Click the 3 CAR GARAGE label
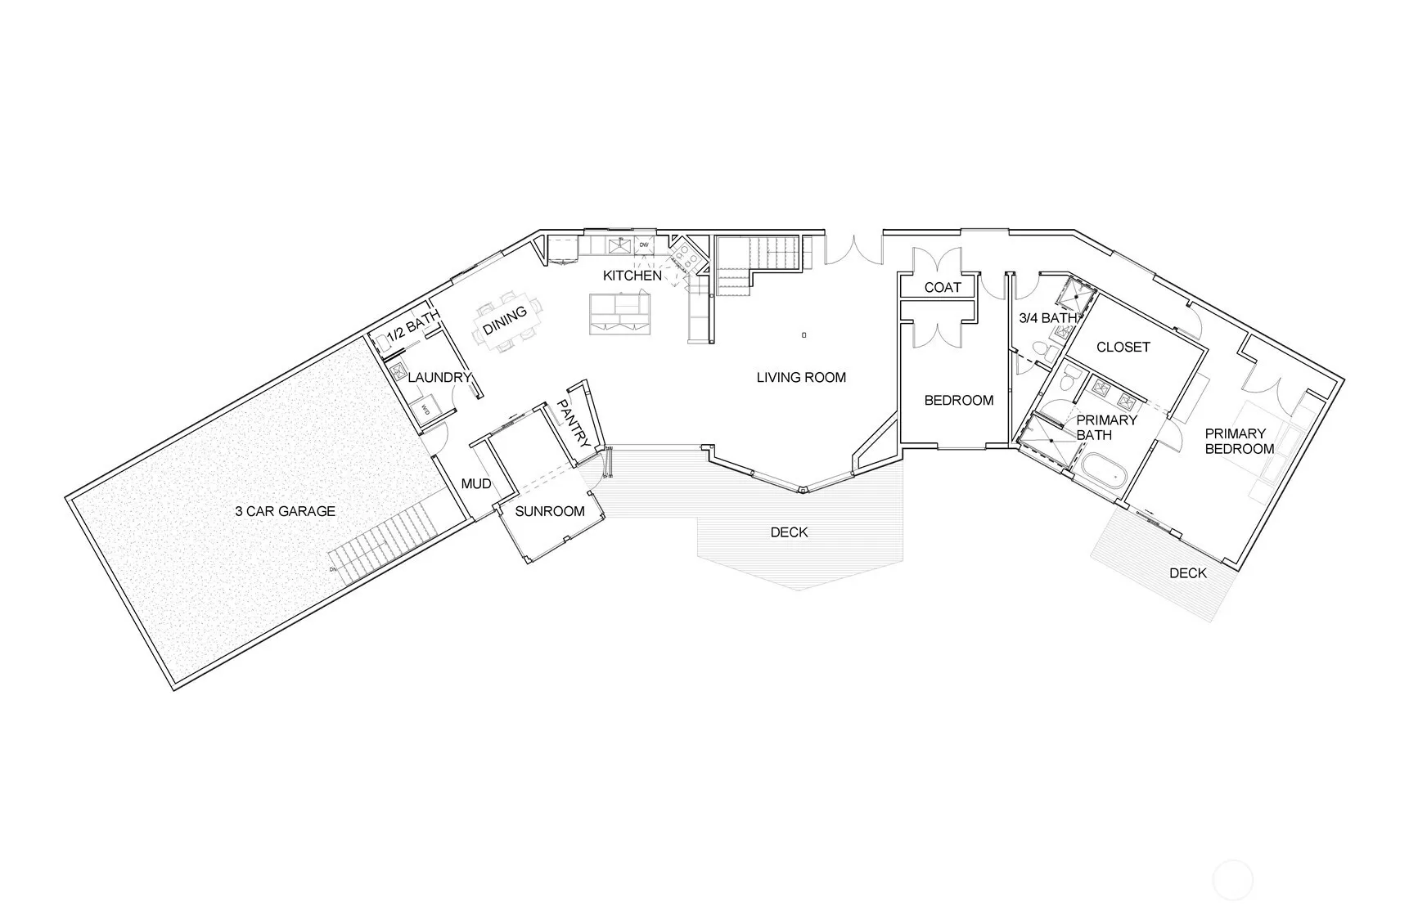285,512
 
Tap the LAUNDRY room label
439,378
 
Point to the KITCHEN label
632,276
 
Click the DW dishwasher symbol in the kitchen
644,245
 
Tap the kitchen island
619,314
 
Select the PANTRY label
573,423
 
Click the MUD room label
476,484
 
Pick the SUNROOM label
550,512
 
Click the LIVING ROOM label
801,378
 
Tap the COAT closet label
943,288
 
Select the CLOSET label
1123,348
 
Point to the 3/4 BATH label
1048,318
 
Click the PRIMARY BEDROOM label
1240,442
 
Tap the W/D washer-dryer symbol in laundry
425,409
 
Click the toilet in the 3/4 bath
1042,351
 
